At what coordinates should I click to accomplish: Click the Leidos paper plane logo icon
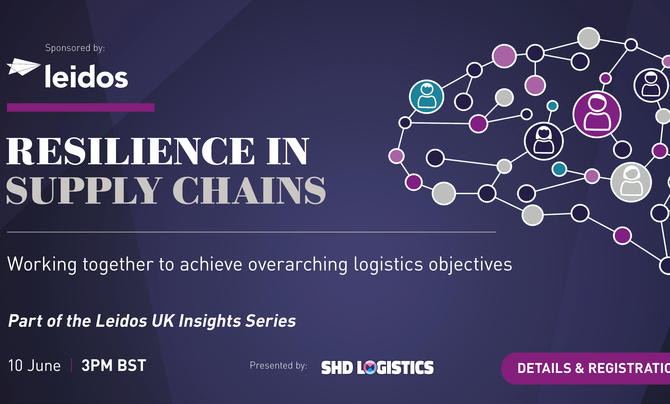23,67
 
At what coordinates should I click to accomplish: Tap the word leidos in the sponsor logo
86,77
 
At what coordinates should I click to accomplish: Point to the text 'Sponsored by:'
75,48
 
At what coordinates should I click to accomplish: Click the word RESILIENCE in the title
131,151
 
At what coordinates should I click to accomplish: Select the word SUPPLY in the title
84,190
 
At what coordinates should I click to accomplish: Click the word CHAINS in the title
249,190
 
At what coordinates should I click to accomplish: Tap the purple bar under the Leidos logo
81,107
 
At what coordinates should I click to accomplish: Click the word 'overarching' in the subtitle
298,264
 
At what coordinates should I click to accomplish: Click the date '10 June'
34,366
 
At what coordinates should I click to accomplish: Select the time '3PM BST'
114,366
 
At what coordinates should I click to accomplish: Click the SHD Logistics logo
377,368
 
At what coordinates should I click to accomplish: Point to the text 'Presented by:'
279,366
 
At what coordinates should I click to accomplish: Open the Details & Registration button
585,369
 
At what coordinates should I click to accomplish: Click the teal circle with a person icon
426,97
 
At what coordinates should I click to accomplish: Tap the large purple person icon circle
597,114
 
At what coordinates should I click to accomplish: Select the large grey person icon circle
631,182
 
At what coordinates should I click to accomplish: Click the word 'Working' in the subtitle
42,264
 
